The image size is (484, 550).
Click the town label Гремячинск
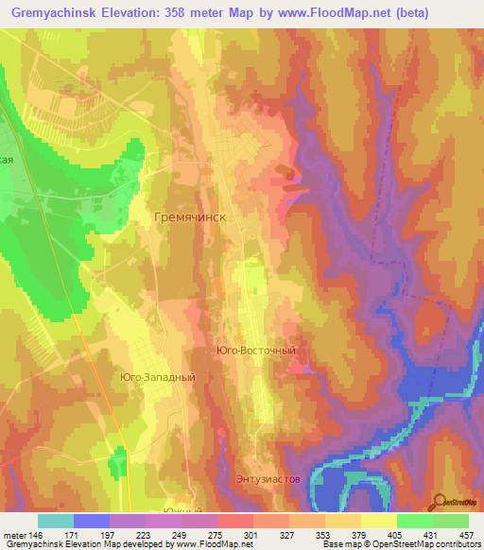190,216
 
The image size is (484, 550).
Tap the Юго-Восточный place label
256,351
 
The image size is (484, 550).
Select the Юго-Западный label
158,377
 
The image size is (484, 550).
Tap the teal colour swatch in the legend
55,521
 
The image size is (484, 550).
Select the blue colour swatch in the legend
91,521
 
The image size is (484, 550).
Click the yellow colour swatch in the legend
378,521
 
